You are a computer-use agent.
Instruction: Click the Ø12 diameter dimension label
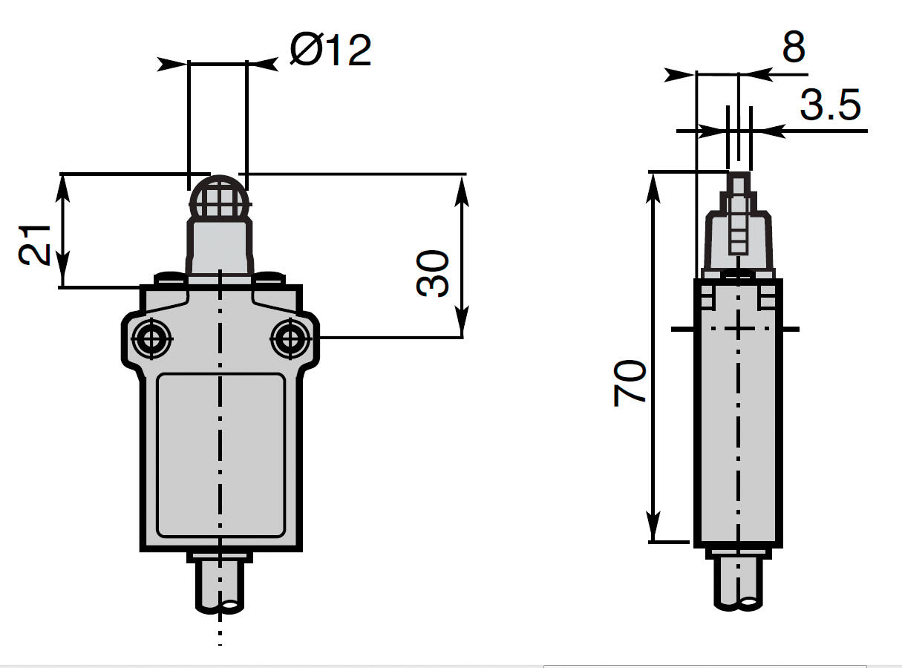pyautogui.click(x=330, y=50)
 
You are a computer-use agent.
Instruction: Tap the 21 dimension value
pyautogui.click(x=35, y=245)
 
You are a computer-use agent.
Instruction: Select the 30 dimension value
pyautogui.click(x=433, y=273)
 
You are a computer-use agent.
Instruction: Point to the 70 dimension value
pyautogui.click(x=630, y=382)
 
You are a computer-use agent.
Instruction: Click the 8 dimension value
pyautogui.click(x=794, y=48)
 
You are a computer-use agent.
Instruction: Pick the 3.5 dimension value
pyautogui.click(x=830, y=105)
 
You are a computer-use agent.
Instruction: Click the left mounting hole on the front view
pyautogui.click(x=151, y=338)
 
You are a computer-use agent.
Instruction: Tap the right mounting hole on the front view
pyautogui.click(x=290, y=338)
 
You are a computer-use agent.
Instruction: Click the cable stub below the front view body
pyautogui.click(x=220, y=587)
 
